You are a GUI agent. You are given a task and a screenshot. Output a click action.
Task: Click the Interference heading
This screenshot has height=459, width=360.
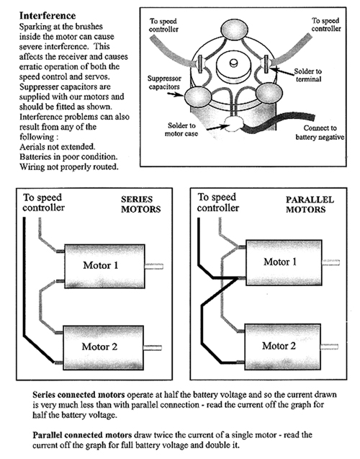click(x=48, y=16)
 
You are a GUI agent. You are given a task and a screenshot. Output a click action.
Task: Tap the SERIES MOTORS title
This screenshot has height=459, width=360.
click(x=141, y=205)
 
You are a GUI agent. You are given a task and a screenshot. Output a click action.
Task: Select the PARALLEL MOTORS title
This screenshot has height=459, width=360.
click(x=310, y=205)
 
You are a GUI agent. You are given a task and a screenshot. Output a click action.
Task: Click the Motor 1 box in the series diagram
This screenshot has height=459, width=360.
click(x=104, y=266)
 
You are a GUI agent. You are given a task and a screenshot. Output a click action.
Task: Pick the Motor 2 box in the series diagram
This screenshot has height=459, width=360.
click(x=103, y=347)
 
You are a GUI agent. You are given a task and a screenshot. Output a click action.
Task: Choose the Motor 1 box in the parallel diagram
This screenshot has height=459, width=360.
click(x=284, y=262)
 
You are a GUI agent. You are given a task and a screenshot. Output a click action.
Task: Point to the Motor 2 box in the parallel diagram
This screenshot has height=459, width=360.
click(x=283, y=347)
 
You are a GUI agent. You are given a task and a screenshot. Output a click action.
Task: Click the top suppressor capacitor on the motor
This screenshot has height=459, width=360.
click(x=234, y=30)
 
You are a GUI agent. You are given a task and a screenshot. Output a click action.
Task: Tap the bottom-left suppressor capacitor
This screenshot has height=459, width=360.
click(x=198, y=96)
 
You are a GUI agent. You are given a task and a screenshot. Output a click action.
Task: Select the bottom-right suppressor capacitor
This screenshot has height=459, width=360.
click(x=269, y=94)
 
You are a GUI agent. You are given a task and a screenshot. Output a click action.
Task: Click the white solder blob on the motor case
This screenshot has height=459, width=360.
click(x=233, y=124)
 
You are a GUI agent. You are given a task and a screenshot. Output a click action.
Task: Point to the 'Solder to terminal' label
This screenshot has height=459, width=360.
click(x=308, y=75)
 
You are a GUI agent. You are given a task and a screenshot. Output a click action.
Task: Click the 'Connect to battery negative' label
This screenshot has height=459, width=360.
click(x=320, y=133)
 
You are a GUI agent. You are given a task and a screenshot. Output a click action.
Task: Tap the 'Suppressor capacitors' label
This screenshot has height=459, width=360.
click(x=164, y=83)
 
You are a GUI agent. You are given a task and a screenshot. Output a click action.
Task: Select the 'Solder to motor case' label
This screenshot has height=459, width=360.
click(x=181, y=130)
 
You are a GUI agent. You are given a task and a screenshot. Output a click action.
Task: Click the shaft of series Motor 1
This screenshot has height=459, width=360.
click(x=154, y=267)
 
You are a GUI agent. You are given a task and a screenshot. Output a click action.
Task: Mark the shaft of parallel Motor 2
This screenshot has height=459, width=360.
click(x=330, y=347)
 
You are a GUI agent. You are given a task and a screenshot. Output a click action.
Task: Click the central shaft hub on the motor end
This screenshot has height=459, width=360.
click(x=233, y=67)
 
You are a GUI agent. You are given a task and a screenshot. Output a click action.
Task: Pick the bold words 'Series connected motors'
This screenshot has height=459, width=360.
click(x=78, y=395)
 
